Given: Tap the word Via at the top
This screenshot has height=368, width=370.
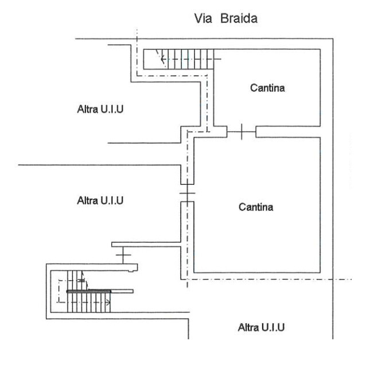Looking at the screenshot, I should [x=204, y=19].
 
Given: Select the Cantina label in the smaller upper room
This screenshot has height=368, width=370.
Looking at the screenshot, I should [x=267, y=88].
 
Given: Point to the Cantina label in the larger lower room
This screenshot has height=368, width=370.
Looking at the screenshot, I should [x=256, y=207].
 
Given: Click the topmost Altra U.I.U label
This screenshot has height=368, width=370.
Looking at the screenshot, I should [x=100, y=109].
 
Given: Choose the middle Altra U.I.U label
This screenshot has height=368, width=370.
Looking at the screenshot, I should [x=100, y=201].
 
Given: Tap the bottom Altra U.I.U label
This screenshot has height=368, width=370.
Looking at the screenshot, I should [x=261, y=328].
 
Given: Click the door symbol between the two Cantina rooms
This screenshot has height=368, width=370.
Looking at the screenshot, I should [x=241, y=132].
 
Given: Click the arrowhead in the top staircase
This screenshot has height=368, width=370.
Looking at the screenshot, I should [x=163, y=58].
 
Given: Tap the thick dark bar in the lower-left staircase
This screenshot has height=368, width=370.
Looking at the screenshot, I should [x=89, y=292].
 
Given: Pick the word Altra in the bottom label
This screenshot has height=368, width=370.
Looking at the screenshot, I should [x=248, y=328].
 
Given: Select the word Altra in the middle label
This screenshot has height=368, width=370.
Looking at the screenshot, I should [x=87, y=201].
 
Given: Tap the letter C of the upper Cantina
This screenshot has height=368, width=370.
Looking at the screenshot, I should [x=253, y=88].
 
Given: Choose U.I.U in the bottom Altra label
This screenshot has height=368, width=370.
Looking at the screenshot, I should [x=274, y=328].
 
